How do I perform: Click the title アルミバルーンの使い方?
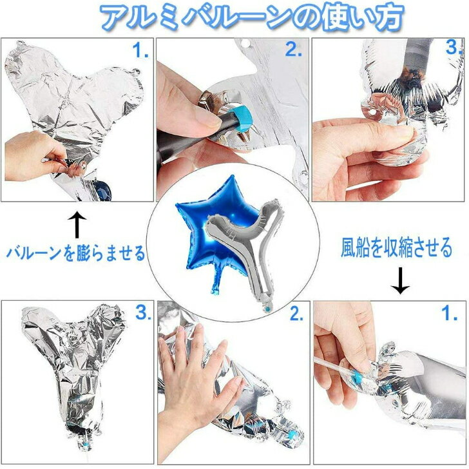point(252,17)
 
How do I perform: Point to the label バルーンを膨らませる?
point(75,253)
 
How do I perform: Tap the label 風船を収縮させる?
point(396,247)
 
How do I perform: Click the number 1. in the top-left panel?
point(140,50)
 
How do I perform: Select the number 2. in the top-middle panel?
point(293,49)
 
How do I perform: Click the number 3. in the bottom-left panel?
point(143,313)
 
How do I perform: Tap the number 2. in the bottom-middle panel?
point(297,314)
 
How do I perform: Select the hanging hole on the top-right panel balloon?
point(372,113)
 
